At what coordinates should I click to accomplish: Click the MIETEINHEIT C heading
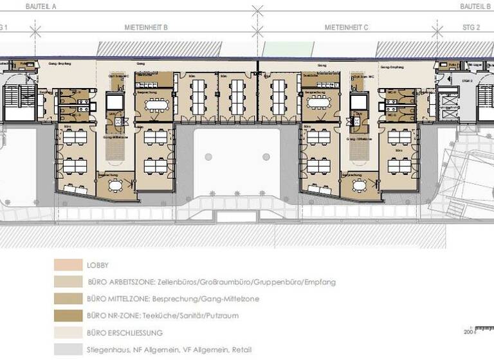coord(347,28)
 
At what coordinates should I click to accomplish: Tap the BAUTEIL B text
coord(475,6)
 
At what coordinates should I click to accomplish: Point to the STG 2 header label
coord(471,28)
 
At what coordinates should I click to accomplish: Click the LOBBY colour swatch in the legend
coord(68,265)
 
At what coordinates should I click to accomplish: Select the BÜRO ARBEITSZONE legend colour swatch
coord(68,282)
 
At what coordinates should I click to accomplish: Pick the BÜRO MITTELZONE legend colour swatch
coord(68,299)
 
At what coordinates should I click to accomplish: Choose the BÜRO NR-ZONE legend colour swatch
coord(68,316)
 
